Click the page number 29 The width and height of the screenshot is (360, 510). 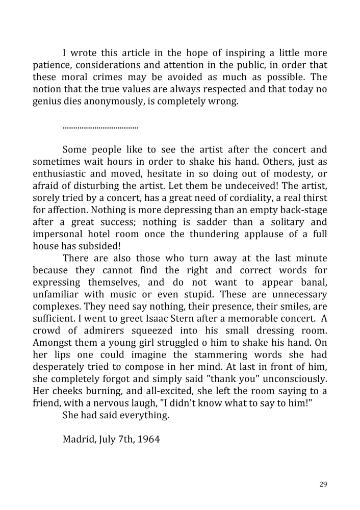pos(323,484)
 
